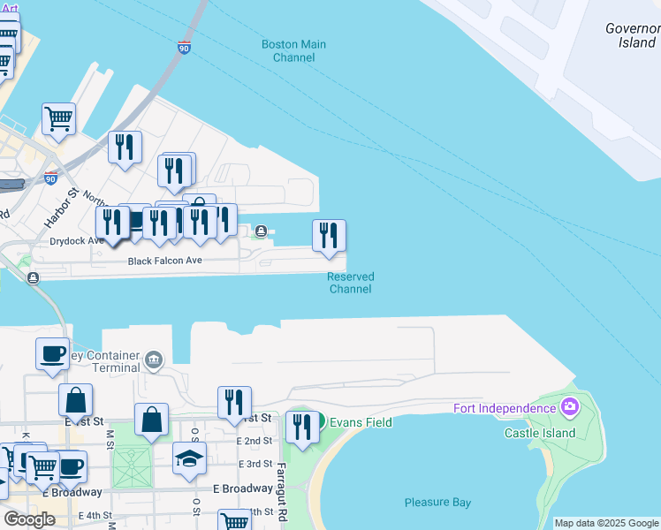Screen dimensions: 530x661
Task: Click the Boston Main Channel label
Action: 293,51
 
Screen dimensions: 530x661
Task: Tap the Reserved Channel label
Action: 351,283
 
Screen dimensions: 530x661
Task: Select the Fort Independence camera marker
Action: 570,407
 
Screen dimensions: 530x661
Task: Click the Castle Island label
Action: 540,433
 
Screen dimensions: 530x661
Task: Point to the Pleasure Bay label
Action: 437,503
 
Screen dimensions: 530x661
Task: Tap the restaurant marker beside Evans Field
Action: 303,428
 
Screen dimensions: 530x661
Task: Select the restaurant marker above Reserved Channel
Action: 329,236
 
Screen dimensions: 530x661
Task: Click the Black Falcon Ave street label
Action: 165,261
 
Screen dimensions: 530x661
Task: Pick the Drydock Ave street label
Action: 77,240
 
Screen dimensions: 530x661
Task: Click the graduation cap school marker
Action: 189,458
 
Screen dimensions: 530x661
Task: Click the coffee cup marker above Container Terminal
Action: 52,353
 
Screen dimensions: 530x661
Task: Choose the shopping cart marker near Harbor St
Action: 58,118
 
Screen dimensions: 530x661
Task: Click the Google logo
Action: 29,519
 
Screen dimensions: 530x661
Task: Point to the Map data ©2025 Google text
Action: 605,523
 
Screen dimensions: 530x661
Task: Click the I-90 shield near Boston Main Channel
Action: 184,47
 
